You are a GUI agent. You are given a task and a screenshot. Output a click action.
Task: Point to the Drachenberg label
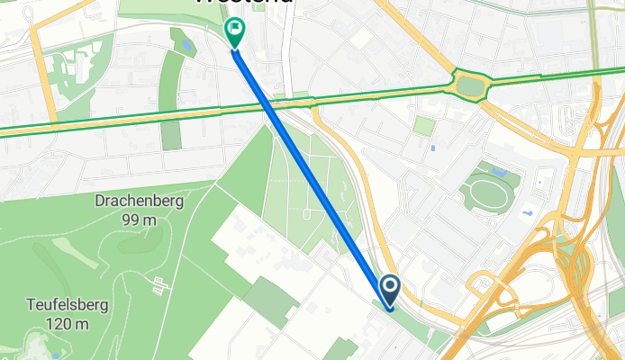[139, 201]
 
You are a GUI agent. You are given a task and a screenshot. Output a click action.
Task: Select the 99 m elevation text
[140, 219]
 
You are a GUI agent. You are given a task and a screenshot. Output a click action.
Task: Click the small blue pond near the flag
[186, 45]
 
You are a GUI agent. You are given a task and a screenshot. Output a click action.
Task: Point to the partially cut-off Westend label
[243, 3]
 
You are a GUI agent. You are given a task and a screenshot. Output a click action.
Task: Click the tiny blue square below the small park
[433, 148]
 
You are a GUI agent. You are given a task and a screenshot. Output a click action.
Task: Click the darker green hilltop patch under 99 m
[136, 239]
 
